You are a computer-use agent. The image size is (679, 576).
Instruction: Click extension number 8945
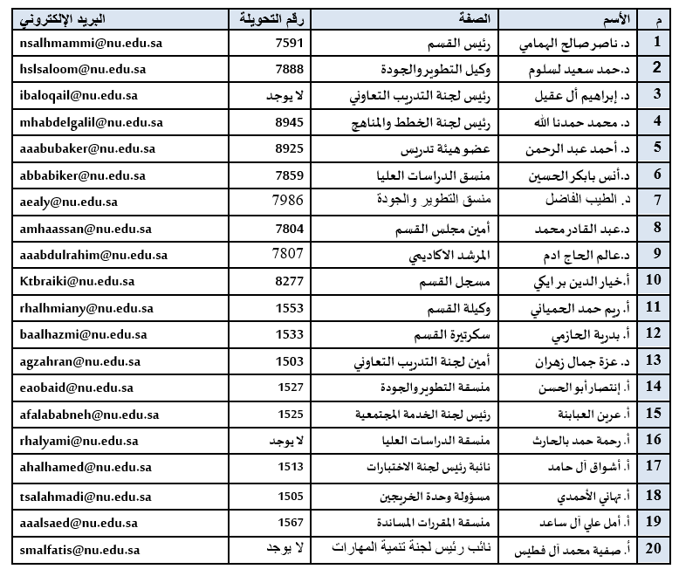point(289,123)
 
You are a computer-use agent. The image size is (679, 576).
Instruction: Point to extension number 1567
point(289,523)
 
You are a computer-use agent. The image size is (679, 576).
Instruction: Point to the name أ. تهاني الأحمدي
point(593,496)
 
